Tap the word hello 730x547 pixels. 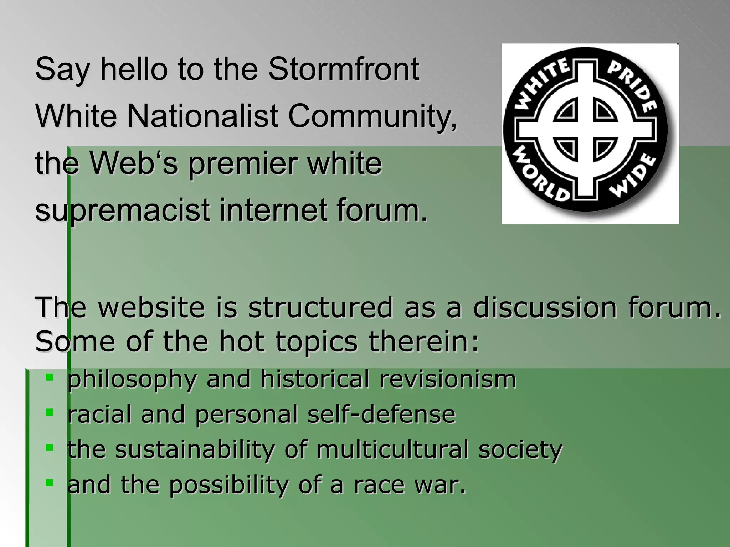pyautogui.click(x=134, y=69)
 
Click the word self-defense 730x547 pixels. pyautogui.click(x=381, y=414)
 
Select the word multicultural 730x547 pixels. pyautogui.click(x=392, y=449)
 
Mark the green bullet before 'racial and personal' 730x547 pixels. pyautogui.click(x=50, y=412)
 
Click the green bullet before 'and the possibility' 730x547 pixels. pyautogui.click(x=50, y=483)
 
